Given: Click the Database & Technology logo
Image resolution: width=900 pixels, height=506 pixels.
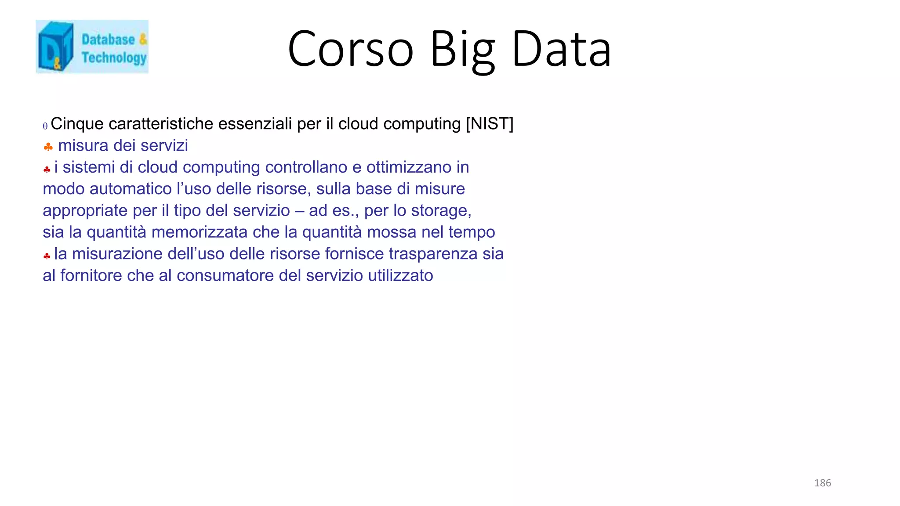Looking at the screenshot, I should [92, 47].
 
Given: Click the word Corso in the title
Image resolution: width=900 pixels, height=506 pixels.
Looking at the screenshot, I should [350, 49].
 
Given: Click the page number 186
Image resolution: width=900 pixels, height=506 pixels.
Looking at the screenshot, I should [822, 483].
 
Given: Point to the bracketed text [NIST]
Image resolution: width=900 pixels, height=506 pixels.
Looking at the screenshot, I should [490, 124].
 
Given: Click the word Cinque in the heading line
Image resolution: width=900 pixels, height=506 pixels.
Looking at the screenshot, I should [77, 124].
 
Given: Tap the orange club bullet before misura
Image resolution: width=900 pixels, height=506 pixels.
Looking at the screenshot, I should [48, 147].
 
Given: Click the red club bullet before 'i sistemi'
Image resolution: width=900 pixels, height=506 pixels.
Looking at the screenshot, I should [47, 169].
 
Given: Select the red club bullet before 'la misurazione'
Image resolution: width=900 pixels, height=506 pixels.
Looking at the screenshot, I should [47, 256].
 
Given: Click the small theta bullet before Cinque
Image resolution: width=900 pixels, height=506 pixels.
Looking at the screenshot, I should [45, 126].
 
